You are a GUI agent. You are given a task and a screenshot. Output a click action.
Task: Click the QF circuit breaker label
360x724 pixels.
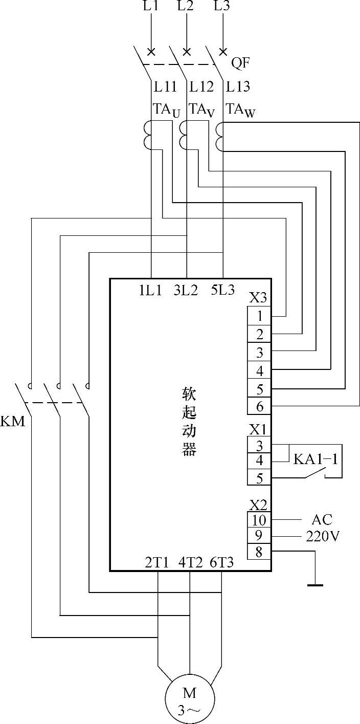coord(240,63)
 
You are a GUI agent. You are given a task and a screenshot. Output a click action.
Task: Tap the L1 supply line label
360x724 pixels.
coord(152,7)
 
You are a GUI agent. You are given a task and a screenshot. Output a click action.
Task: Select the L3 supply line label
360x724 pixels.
coord(222,7)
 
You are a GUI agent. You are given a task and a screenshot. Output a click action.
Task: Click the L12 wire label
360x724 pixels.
coord(201,87)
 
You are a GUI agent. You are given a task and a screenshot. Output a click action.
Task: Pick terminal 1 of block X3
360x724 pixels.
coord(259,316)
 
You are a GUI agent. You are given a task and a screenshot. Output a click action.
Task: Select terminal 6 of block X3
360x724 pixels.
coord(259,406)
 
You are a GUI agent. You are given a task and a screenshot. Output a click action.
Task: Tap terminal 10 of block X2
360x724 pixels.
coord(259,520)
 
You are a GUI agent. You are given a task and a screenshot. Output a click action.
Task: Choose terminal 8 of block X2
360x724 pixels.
coord(259,552)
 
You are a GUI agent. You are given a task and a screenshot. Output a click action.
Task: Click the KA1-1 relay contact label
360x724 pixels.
coord(316,459)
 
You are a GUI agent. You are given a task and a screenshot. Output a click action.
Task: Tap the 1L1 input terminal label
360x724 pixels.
coord(150,290)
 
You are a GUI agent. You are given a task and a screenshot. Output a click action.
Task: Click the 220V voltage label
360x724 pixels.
coord(322,536)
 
